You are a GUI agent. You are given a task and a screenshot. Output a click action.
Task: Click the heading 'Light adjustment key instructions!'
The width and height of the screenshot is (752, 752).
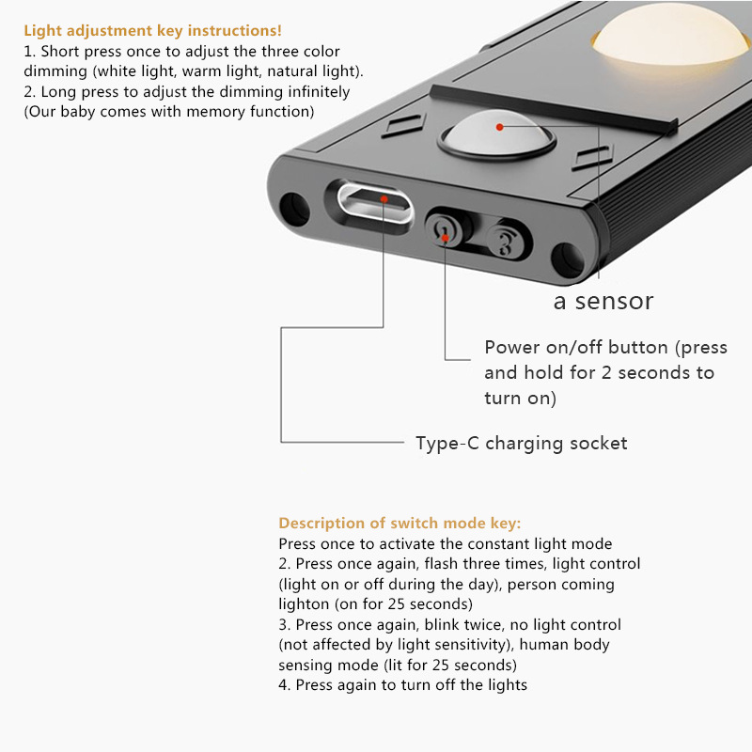152,31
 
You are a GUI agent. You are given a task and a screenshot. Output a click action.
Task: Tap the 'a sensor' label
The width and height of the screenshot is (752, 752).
603,301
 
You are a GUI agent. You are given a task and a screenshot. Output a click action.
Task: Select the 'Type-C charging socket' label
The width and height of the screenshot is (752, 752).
521,443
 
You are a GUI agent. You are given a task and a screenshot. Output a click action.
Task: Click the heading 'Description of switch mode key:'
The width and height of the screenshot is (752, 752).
399,524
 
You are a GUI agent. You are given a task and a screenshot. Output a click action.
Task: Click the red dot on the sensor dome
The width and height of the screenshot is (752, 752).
499,125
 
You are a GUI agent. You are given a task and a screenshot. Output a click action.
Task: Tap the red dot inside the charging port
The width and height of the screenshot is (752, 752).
384,198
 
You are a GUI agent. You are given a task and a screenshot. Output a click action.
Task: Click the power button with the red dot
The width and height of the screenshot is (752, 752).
445,231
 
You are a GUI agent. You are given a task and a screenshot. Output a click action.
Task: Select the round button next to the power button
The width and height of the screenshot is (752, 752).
507,241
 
